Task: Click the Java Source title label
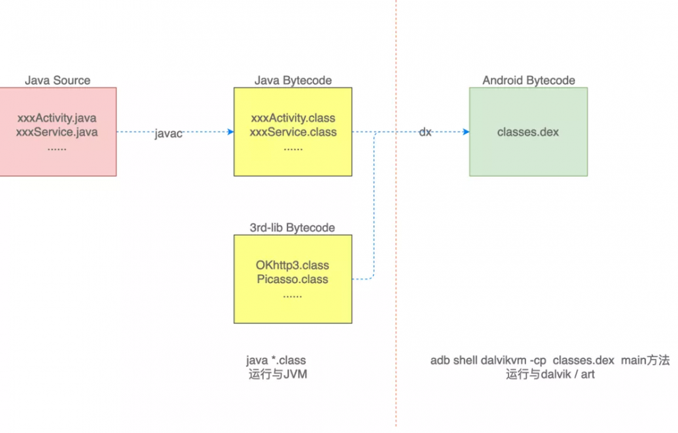coord(58,80)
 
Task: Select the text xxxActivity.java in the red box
coord(57,119)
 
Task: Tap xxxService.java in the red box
coord(57,132)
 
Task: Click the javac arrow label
coord(169,134)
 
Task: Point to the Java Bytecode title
coord(293,80)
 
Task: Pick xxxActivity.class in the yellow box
coord(293,119)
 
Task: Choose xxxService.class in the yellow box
coord(293,132)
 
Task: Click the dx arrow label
coord(425,132)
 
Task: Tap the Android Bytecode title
coord(529,80)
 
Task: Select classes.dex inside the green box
coord(528,132)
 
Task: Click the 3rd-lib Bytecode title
coord(293,228)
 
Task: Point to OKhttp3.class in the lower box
coord(293,265)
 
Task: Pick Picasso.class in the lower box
coord(293,279)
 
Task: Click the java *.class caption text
coord(276,360)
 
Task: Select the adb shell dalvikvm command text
coord(550,360)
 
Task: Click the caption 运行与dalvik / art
coord(550,374)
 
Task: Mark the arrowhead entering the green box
coord(466,132)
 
